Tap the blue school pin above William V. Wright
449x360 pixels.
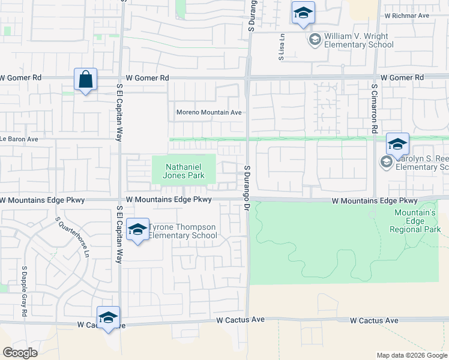coord(303,13)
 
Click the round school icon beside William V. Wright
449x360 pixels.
coord(314,40)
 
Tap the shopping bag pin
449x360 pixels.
coord(86,80)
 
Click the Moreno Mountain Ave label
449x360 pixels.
coord(208,112)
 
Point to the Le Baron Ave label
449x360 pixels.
coord(19,139)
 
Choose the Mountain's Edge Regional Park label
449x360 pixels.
coord(415,221)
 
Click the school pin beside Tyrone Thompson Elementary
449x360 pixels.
coord(137,230)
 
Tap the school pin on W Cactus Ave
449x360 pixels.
coord(108,318)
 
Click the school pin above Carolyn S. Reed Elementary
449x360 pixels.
coord(397,145)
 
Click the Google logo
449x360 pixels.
coord(20,353)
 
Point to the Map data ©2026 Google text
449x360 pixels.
coord(411,355)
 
